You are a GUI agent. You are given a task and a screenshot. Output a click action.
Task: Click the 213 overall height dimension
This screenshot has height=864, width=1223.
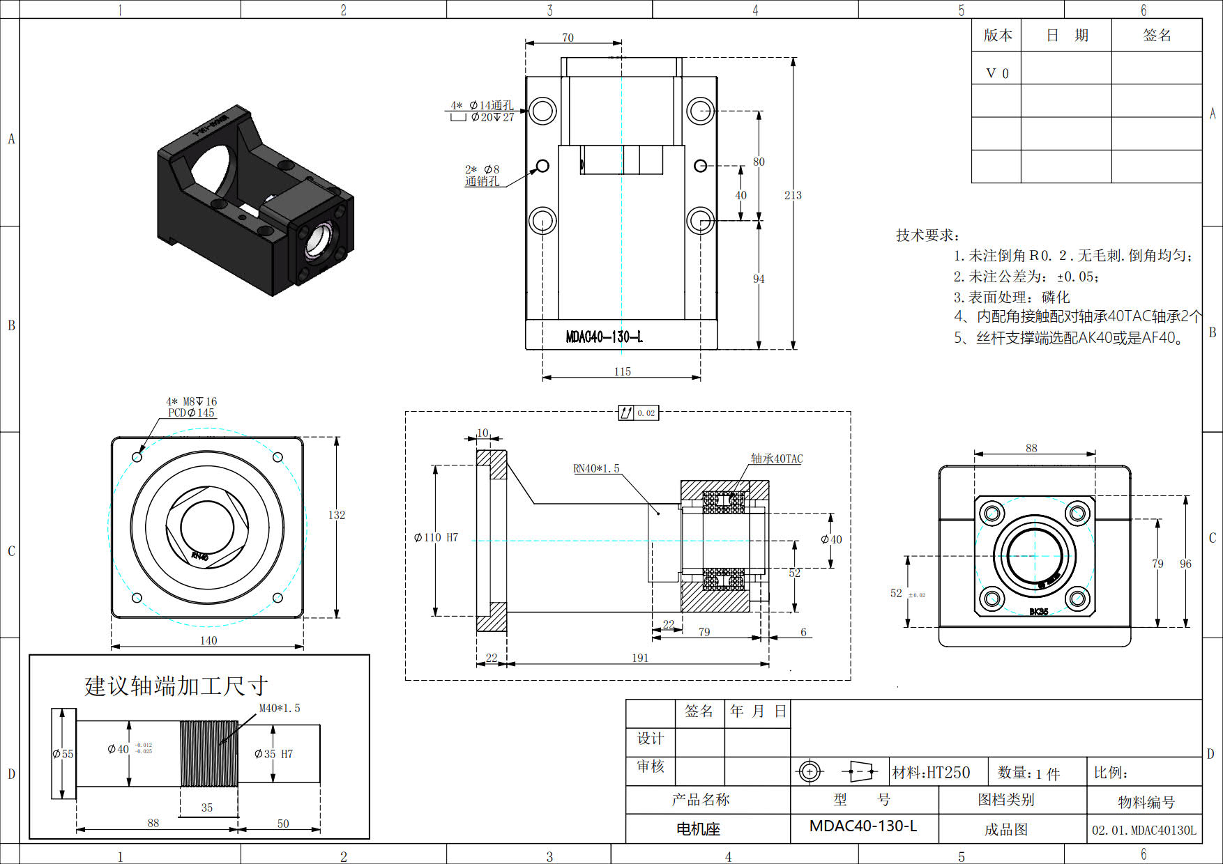(793, 196)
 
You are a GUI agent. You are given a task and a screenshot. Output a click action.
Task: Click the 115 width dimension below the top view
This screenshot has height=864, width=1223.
(622, 372)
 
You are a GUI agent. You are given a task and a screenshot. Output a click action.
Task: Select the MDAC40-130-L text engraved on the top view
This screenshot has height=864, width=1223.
(604, 337)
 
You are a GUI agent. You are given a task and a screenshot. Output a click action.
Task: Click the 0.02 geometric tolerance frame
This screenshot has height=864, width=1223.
(638, 413)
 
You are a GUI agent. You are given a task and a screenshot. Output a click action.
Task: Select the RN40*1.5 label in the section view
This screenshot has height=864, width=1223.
(596, 469)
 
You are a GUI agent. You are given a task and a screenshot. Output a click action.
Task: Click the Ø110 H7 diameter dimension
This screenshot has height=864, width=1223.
(436, 538)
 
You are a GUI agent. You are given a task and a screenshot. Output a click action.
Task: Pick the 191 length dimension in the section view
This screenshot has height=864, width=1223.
(639, 658)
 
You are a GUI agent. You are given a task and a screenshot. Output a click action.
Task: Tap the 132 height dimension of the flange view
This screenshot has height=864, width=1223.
(337, 515)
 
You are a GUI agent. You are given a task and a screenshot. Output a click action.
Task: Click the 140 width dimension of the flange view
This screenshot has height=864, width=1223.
(208, 640)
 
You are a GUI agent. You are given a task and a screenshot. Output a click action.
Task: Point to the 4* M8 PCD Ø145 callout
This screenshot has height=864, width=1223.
(192, 407)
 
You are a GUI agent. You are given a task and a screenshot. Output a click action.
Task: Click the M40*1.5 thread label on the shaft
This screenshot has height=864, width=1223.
(280, 708)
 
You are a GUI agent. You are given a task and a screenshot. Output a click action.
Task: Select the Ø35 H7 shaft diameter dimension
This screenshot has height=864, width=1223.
(273, 754)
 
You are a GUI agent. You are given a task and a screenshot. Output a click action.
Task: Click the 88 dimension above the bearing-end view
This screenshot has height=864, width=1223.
(1031, 448)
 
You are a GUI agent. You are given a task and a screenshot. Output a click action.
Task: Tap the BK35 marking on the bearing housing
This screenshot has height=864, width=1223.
(1038, 612)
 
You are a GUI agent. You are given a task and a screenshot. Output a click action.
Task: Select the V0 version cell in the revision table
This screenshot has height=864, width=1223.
(997, 73)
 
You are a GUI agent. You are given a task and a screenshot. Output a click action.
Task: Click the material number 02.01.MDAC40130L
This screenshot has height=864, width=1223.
(1144, 830)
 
